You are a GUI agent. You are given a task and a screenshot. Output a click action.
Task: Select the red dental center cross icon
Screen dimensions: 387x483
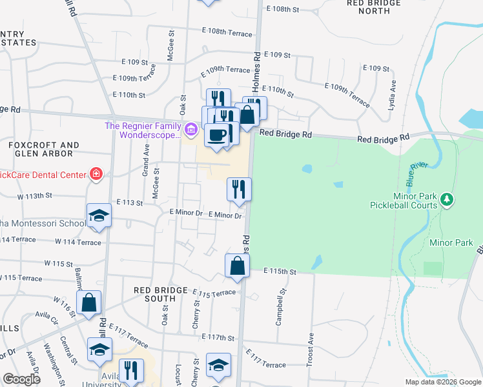[96, 174]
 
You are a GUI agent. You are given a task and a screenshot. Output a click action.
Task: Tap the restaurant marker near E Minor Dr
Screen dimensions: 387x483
[238, 190]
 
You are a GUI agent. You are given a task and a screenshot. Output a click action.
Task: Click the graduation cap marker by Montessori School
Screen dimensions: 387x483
[99, 216]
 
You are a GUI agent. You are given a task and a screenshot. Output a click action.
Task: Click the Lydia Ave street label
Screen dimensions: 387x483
[391, 95]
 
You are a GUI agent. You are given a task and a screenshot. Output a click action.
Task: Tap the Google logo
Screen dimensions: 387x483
[22, 379]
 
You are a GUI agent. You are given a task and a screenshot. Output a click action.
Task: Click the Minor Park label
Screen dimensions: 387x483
[451, 243]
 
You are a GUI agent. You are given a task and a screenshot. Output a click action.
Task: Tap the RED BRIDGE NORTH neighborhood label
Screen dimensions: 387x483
[373, 6]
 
